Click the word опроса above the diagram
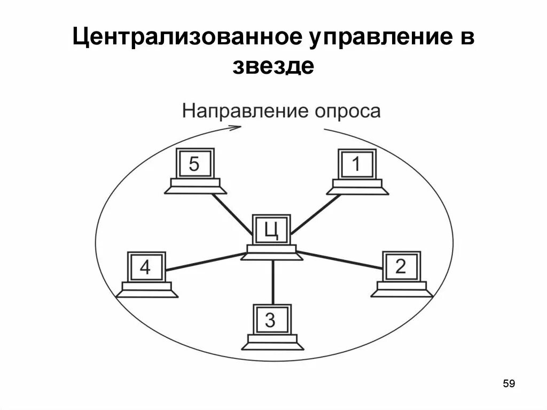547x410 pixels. tap(348, 112)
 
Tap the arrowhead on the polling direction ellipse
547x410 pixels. tap(235, 127)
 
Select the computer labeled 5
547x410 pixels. tap(194, 170)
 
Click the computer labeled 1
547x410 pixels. tap(357, 170)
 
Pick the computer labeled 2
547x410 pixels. tap(401, 273)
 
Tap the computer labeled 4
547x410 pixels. tap(146, 273)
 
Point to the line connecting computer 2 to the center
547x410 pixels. tap(340, 259)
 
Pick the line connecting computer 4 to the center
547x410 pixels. tap(206, 261)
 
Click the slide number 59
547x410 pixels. tap(509, 383)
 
